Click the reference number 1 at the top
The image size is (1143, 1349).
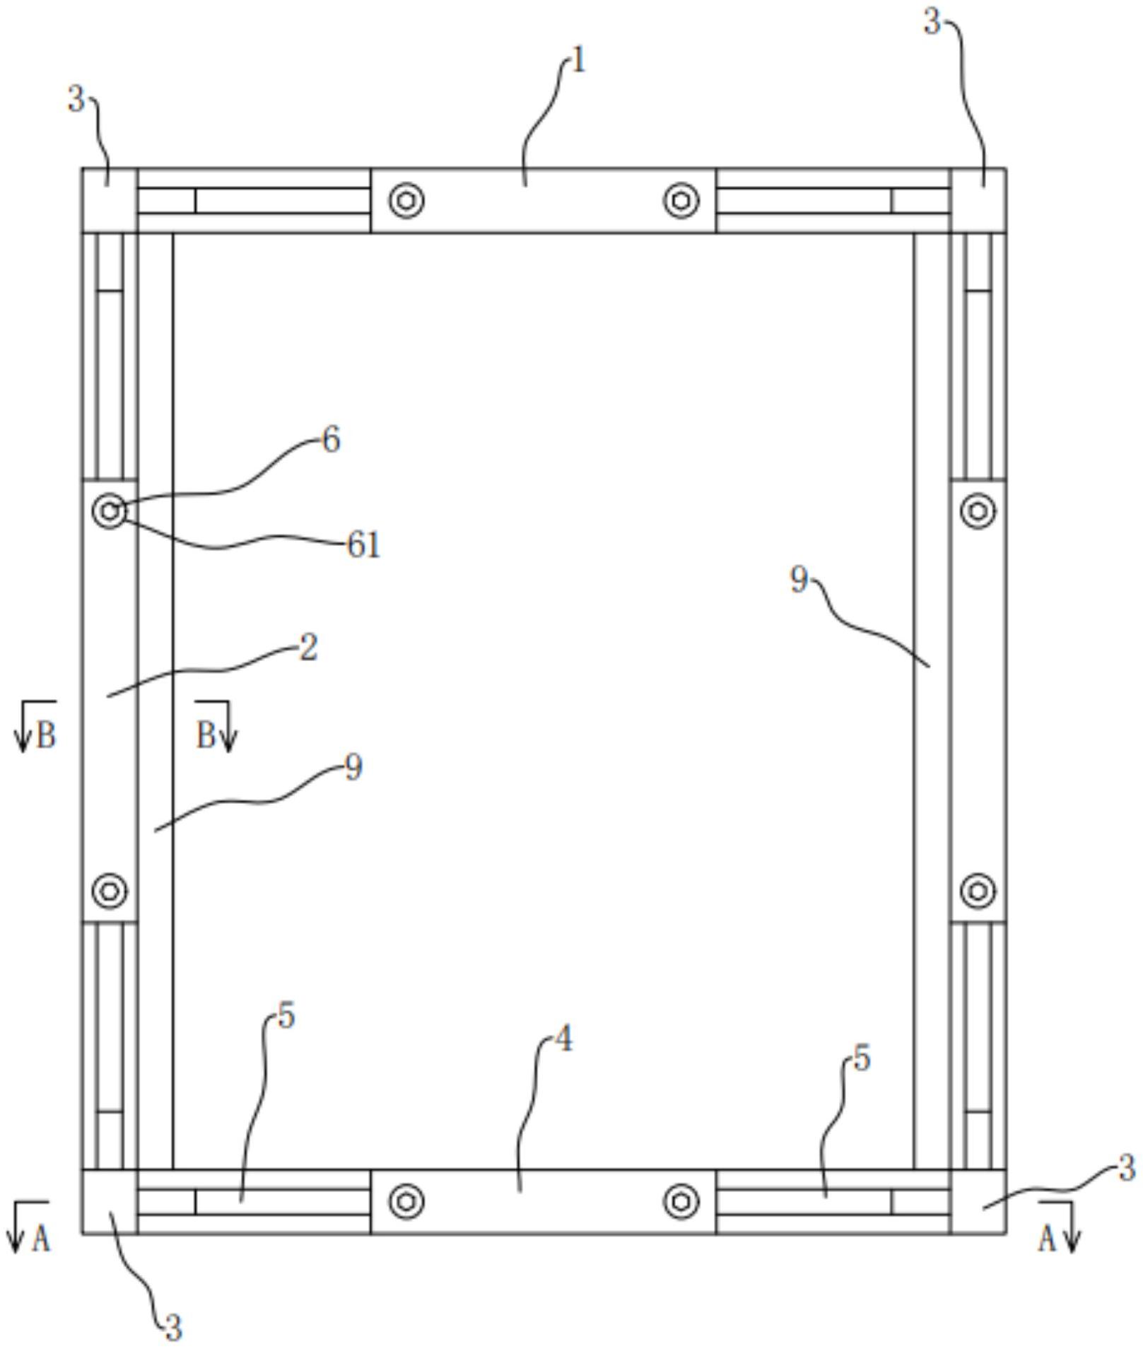[x=578, y=62]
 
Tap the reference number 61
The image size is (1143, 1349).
[x=363, y=545]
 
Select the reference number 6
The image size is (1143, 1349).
[x=331, y=440]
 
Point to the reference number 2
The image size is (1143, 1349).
[x=308, y=648]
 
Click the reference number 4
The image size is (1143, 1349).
[x=563, y=1039]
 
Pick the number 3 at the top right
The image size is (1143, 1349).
[x=933, y=23]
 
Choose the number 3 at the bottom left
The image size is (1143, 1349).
[x=173, y=1327]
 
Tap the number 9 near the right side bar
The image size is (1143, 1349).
[x=799, y=580]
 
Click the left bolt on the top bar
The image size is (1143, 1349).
[x=406, y=201]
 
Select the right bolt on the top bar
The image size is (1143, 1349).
[x=681, y=201]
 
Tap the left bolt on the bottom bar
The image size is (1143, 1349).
[x=406, y=1201]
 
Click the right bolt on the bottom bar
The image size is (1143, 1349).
[x=681, y=1201]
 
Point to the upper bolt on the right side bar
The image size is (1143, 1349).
[x=978, y=510]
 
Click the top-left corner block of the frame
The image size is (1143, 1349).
[x=110, y=201]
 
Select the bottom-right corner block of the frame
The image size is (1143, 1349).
[x=978, y=1201]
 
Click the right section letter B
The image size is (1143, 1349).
[x=205, y=736]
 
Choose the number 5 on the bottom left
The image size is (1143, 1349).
[x=286, y=1017]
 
